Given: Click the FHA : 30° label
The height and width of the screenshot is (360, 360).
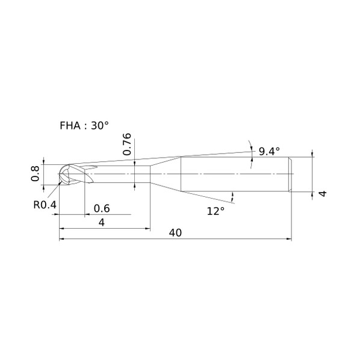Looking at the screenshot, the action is (x=84, y=126).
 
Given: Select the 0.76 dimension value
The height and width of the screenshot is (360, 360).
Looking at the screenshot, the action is (x=127, y=144).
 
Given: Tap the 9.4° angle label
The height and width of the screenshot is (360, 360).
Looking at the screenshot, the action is (x=269, y=151).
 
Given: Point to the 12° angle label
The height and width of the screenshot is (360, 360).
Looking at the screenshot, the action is (x=216, y=211).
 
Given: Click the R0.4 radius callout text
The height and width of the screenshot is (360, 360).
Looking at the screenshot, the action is (x=45, y=205).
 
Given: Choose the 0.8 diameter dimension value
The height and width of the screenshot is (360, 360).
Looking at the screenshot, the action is (x=36, y=173).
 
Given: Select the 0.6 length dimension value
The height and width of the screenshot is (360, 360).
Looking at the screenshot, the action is (x=102, y=208).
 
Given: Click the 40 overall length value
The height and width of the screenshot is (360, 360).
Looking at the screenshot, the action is (x=175, y=232).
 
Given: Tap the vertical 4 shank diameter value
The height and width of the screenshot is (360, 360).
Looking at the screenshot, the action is (x=322, y=194).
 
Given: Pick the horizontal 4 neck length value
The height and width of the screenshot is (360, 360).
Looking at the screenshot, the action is (x=102, y=222).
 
